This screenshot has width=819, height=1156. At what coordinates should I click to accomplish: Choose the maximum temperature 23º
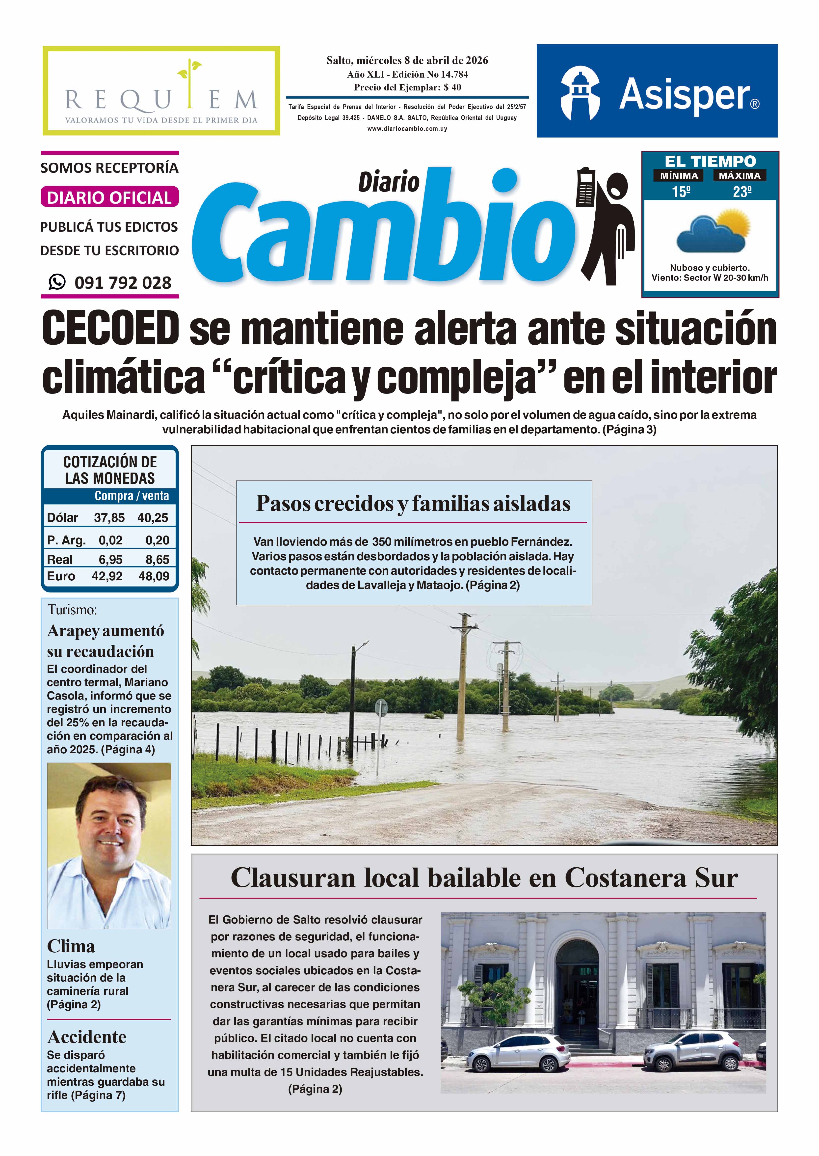[x=742, y=192]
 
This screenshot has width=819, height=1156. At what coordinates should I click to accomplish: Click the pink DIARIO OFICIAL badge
[x=109, y=197]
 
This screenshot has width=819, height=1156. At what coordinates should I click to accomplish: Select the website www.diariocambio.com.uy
[x=407, y=129]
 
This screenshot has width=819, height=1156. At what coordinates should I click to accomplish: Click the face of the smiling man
[x=110, y=826]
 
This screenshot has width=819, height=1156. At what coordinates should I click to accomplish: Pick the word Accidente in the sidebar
[x=87, y=1036]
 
